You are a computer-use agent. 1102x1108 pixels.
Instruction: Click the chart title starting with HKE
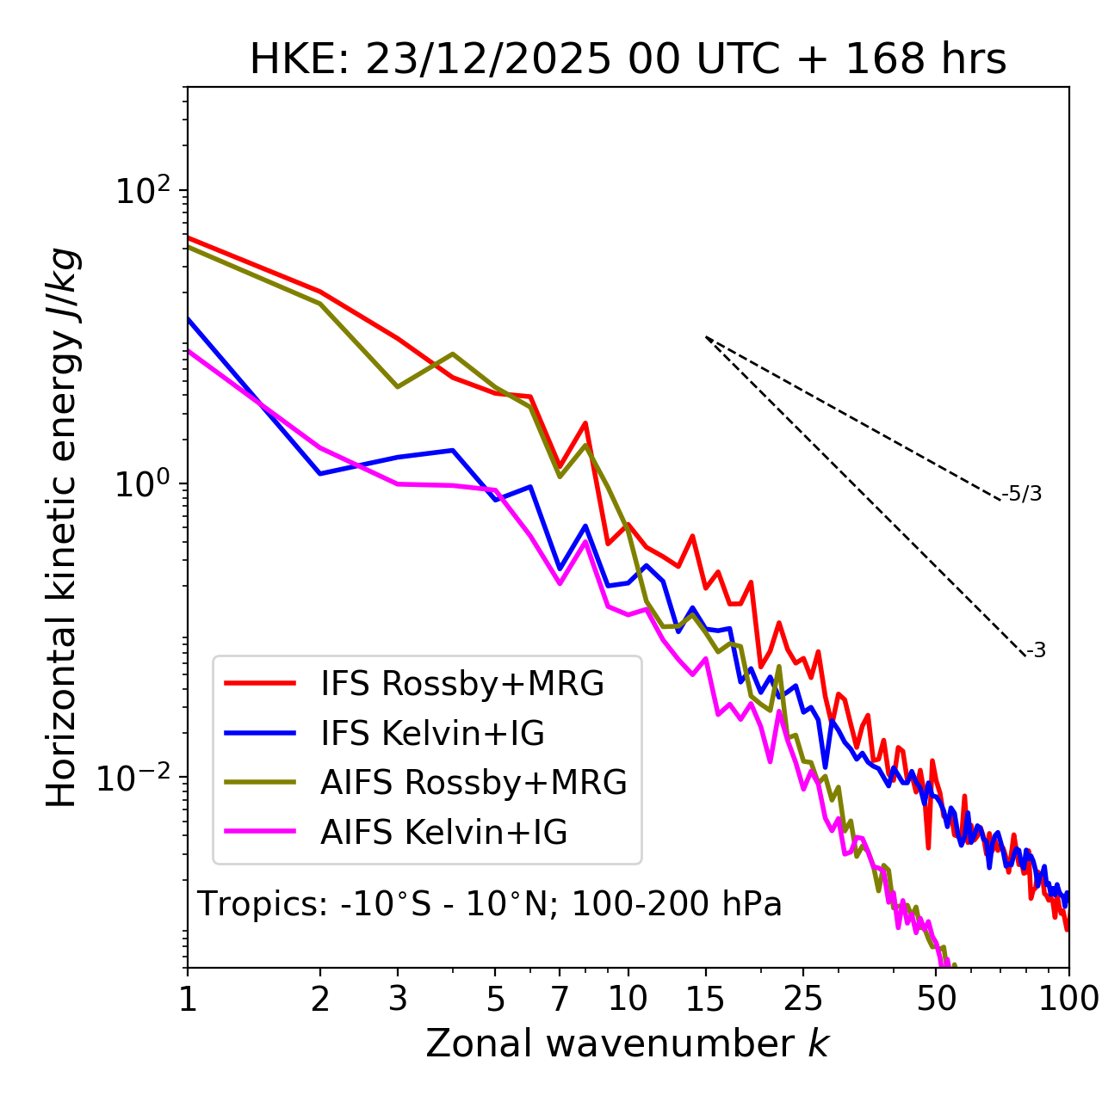pyautogui.click(x=628, y=60)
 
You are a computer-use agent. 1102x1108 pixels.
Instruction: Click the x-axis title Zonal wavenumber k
pyautogui.click(x=628, y=1043)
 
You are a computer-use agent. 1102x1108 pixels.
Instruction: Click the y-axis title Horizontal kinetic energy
pyautogui.click(x=63, y=528)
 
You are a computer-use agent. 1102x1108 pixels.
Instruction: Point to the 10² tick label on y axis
pyautogui.click(x=142, y=191)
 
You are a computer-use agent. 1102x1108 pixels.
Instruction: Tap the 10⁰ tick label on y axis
pyautogui.click(x=142, y=484)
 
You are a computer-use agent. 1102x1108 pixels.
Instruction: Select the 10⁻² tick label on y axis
pyautogui.click(x=138, y=779)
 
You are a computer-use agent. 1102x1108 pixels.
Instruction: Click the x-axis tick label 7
pyautogui.click(x=560, y=999)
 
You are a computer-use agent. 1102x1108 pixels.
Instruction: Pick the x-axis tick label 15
pyautogui.click(x=705, y=999)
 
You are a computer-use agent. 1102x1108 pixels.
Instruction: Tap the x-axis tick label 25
pyautogui.click(x=802, y=999)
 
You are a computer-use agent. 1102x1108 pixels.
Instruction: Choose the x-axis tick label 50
pyautogui.click(x=936, y=999)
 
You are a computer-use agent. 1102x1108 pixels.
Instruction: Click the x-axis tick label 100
pyautogui.click(x=1068, y=999)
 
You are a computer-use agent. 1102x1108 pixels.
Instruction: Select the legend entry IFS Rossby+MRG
pyautogui.click(x=462, y=684)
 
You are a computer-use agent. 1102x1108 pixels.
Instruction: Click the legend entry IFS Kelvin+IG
pyautogui.click(x=433, y=734)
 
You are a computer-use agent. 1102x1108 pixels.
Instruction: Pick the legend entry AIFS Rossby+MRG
pyautogui.click(x=474, y=783)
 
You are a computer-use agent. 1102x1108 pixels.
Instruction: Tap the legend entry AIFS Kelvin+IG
pyautogui.click(x=444, y=833)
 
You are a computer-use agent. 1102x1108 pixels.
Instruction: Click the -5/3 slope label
pyautogui.click(x=1022, y=495)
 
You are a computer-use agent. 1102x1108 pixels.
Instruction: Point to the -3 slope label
pyautogui.click(x=1037, y=651)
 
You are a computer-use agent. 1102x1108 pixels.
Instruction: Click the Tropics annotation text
pyautogui.click(x=490, y=905)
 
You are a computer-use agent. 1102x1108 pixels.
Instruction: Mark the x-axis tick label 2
pyautogui.click(x=320, y=999)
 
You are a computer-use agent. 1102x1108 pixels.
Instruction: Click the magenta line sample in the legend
pyautogui.click(x=260, y=833)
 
